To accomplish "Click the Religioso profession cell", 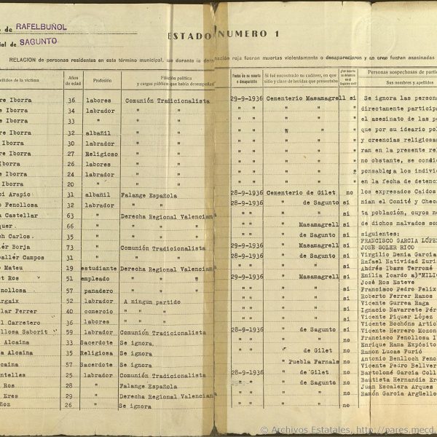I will (101, 154).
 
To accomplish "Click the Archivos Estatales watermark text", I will (306, 430).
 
